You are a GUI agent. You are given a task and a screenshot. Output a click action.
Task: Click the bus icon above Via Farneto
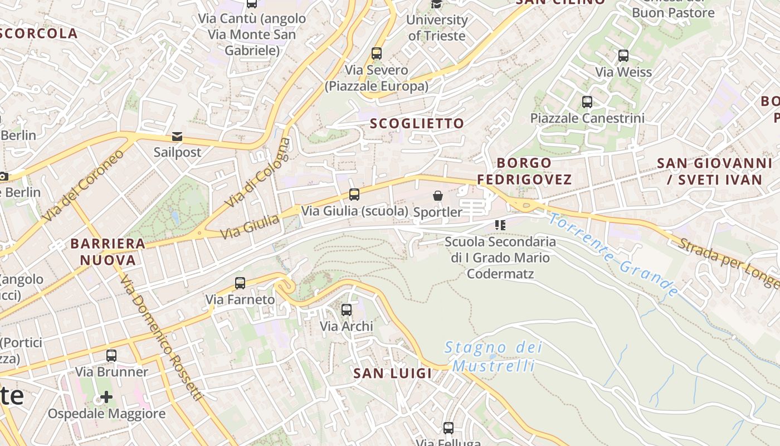click(240, 283)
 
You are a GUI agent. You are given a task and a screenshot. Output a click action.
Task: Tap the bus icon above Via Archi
click(347, 309)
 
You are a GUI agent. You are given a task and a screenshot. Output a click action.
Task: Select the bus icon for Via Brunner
click(111, 356)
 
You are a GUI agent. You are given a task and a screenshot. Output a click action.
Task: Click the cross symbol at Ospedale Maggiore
click(106, 397)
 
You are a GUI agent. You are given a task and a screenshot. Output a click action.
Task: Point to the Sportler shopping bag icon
click(438, 196)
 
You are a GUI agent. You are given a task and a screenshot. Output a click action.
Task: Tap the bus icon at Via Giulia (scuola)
click(354, 195)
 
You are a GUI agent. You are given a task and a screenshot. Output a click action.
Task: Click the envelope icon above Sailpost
click(177, 137)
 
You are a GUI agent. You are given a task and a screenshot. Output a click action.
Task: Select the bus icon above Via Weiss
click(623, 56)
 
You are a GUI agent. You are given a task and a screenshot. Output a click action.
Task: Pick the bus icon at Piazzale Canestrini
click(587, 102)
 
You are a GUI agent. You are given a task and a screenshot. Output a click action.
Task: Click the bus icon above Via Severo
click(377, 54)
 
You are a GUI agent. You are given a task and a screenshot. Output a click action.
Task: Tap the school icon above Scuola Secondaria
click(500, 225)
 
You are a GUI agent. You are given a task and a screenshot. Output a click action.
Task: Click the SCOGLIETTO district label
click(417, 124)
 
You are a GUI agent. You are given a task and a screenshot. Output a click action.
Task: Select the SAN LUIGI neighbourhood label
click(393, 374)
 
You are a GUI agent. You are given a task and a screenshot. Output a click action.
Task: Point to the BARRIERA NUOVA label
click(108, 251)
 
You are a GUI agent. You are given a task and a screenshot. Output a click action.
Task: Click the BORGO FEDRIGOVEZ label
click(524, 171)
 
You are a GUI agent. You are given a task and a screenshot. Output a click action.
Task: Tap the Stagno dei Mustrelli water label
click(493, 357)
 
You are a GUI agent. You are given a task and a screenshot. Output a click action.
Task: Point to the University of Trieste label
click(437, 28)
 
